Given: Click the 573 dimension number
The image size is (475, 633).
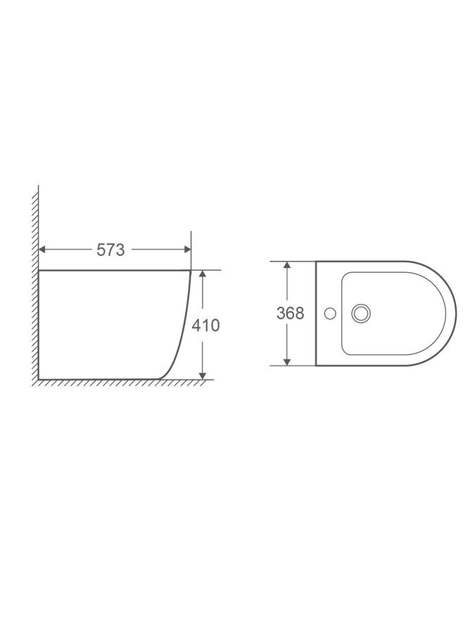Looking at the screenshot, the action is [x=110, y=250].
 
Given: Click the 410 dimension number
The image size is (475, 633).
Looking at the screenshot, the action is [x=205, y=326].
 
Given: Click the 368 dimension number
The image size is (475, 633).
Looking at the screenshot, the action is [x=290, y=313].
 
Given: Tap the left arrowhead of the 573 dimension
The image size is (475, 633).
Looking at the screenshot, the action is [x=42, y=250].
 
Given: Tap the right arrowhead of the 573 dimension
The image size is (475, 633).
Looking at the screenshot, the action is [x=187, y=250].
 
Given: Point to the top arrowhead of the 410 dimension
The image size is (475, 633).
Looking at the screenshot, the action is [x=203, y=274].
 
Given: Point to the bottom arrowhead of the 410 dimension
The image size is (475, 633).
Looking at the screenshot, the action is [x=203, y=376].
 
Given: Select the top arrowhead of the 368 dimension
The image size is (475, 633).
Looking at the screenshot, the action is [x=287, y=264].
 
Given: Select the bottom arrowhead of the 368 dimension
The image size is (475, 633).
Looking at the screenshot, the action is [x=287, y=362].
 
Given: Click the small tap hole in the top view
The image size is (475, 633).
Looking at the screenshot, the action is [x=331, y=313].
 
